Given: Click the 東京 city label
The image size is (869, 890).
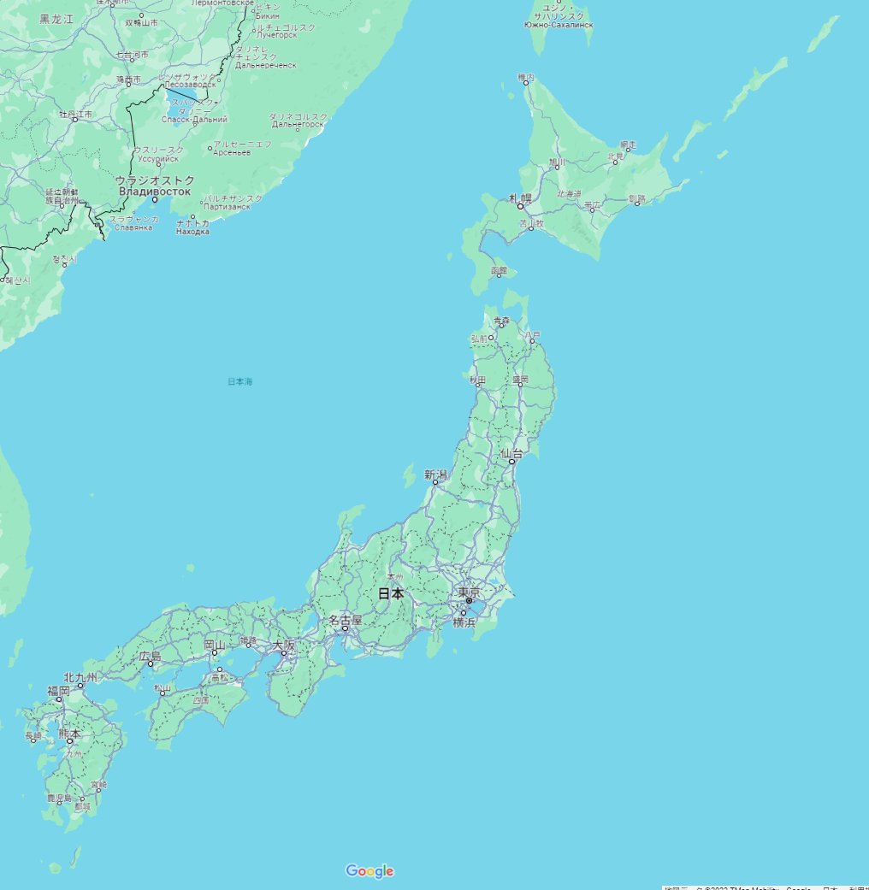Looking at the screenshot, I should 469,592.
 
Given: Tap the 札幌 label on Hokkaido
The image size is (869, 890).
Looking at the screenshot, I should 520,198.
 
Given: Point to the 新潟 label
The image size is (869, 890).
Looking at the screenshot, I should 435,474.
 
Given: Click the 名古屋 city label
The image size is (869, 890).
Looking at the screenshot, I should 346,619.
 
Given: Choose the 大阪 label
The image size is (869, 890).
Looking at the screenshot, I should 284,645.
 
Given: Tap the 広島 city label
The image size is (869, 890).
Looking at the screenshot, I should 151,656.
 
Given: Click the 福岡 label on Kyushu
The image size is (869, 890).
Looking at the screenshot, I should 58,690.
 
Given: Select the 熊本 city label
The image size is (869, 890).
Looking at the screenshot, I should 69,733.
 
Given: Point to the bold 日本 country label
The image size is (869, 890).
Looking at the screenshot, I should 391,592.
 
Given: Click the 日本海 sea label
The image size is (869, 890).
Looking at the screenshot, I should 240,381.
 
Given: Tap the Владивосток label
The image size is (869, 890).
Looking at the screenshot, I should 155,191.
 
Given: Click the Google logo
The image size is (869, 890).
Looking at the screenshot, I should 369,871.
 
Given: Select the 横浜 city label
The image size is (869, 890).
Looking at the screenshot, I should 464,622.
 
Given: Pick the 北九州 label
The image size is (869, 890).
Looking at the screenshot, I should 80,677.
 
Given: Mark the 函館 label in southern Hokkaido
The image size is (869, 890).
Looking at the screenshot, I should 499,271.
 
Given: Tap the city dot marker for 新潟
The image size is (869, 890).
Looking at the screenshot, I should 435,482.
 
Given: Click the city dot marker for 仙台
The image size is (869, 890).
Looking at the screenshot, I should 511,462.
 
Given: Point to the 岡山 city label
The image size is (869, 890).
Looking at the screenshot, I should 215,645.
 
